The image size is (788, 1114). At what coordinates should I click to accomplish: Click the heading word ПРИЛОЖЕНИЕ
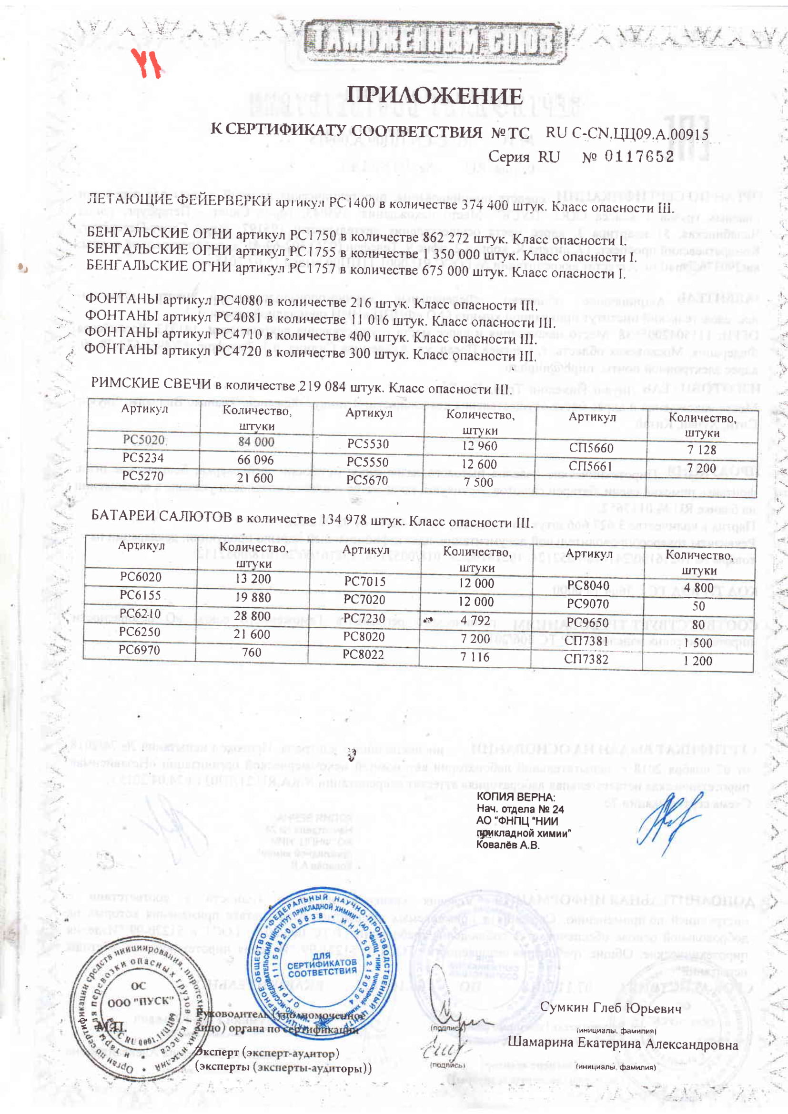pyautogui.click(x=434, y=96)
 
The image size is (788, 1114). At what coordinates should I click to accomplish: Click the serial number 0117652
pyautogui.click(x=639, y=156)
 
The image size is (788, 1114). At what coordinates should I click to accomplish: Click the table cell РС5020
pyautogui.click(x=143, y=440)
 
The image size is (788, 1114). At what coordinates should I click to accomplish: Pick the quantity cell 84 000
pyautogui.click(x=256, y=442)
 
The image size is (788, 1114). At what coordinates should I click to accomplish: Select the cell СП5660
pyautogui.click(x=591, y=447)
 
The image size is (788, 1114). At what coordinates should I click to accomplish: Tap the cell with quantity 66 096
pyautogui.click(x=256, y=460)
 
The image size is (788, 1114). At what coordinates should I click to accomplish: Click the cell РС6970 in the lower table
pyautogui.click(x=139, y=650)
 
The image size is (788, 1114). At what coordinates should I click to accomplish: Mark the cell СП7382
pyautogui.click(x=586, y=659)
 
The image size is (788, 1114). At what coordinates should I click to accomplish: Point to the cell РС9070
pyautogui.click(x=587, y=603)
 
